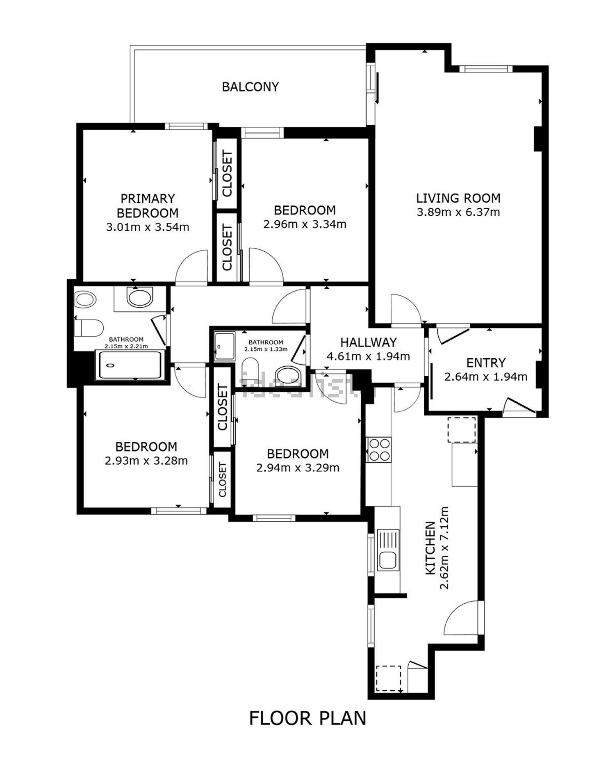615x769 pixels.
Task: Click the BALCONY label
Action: pyautogui.click(x=250, y=87)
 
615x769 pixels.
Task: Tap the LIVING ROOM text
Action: pyautogui.click(x=458, y=199)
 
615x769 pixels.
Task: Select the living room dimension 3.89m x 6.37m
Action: pyautogui.click(x=458, y=212)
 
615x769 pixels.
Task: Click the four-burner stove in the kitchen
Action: pyautogui.click(x=379, y=450)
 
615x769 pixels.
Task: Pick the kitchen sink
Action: pyautogui.click(x=387, y=560)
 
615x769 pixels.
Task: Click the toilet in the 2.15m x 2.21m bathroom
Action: pyautogui.click(x=88, y=328)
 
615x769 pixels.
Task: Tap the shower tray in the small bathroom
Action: pyautogui.click(x=225, y=347)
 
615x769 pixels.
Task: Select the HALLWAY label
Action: pyautogui.click(x=368, y=342)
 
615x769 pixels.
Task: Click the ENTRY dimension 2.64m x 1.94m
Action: pyautogui.click(x=485, y=377)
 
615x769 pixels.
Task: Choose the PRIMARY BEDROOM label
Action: pyautogui.click(x=148, y=206)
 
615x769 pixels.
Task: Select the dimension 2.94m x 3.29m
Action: pyautogui.click(x=298, y=468)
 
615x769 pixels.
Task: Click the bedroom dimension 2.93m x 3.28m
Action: pyautogui.click(x=146, y=461)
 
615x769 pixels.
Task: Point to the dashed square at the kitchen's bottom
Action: pyautogui.click(x=388, y=679)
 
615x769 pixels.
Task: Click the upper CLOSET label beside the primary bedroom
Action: pyautogui.click(x=227, y=174)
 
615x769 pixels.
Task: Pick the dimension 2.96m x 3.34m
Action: pyautogui.click(x=305, y=224)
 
